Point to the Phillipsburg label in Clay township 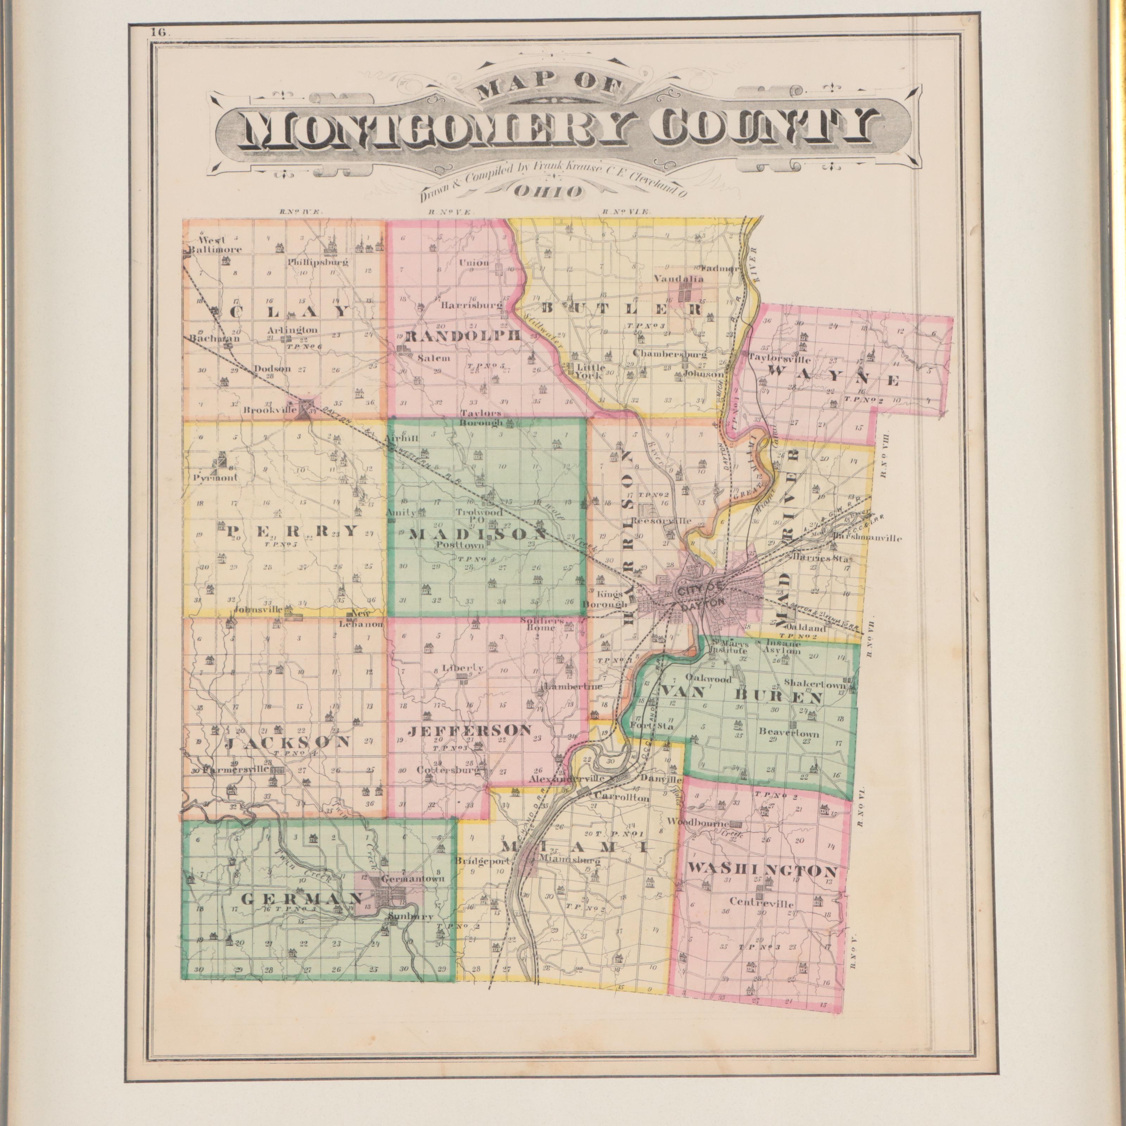318,262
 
